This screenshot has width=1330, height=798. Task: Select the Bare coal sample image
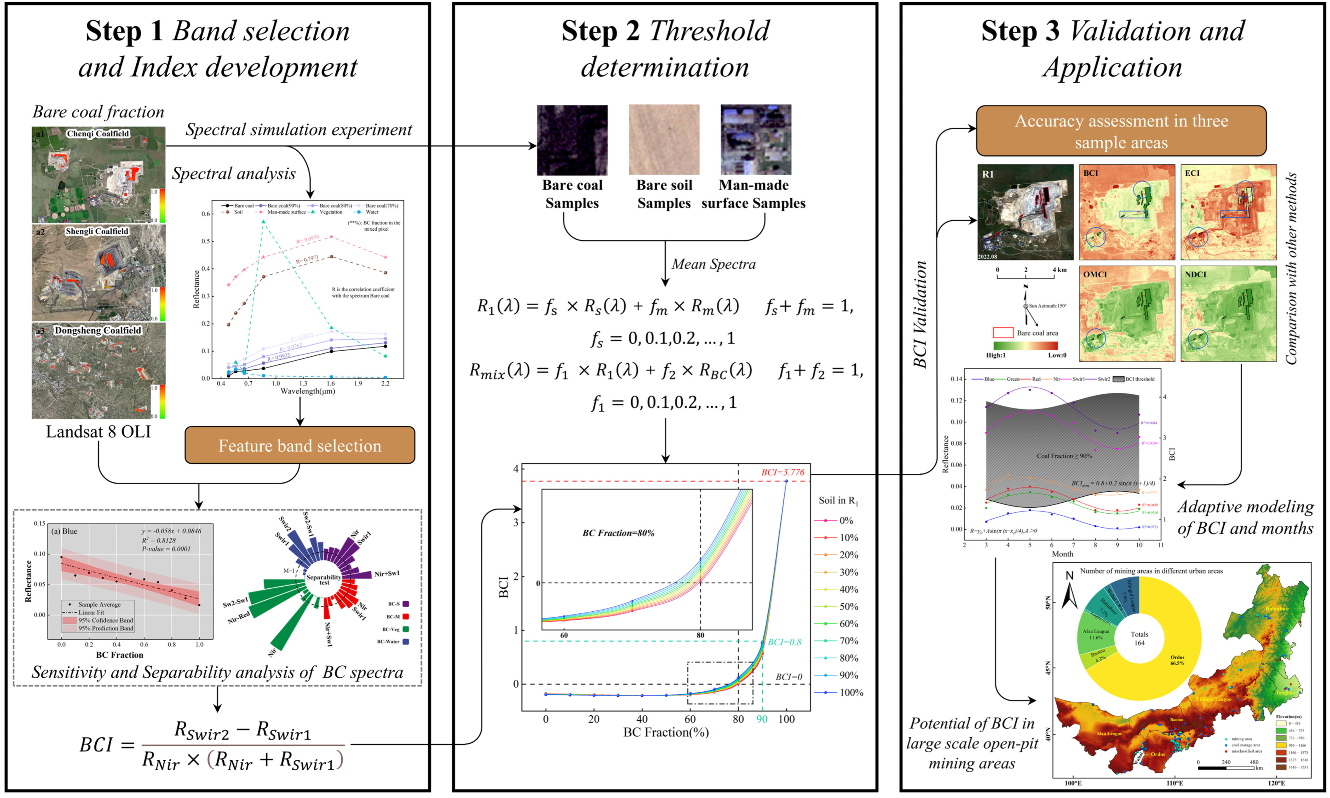(572, 140)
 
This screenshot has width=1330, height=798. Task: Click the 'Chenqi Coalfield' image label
(98, 133)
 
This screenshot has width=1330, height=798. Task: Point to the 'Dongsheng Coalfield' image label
(98, 330)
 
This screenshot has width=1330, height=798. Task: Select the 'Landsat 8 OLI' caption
(98, 432)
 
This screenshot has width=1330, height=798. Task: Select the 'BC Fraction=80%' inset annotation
(618, 533)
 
